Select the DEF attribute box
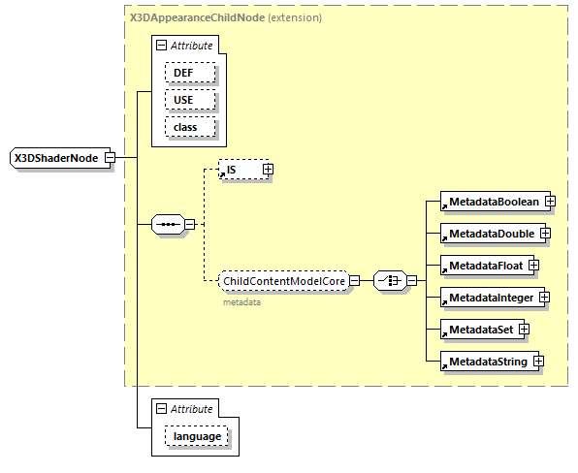click(x=189, y=73)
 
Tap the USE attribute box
click(x=189, y=100)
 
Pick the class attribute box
click(x=189, y=127)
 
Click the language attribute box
click(x=197, y=437)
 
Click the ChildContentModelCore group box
click(x=282, y=281)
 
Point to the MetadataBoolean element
click(x=493, y=201)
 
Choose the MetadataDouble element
click(x=490, y=234)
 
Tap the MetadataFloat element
click(x=484, y=266)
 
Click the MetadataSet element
click(x=479, y=330)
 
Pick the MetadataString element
click(x=487, y=362)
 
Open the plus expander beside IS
click(x=269, y=170)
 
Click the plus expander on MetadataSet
click(x=524, y=330)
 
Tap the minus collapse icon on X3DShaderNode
click(x=110, y=158)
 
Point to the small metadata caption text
click(x=242, y=301)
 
